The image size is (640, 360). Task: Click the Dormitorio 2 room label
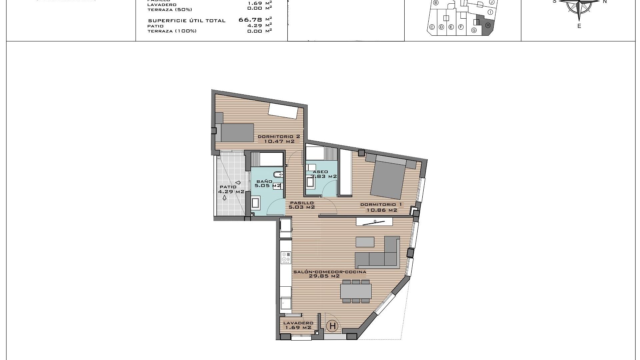pos(279,136)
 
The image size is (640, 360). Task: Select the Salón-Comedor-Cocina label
pos(329,272)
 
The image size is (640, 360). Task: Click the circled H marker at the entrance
pos(332,326)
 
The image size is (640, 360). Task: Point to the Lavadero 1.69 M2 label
pos(298,325)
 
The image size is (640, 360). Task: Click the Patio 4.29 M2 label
pos(231,189)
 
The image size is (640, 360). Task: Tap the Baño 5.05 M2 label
pos(267,183)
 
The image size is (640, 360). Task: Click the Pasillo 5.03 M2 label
pos(302,205)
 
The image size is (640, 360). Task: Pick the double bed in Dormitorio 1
pos(388,178)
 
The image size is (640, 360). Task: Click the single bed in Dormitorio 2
pos(235,132)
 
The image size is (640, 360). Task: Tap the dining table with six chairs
pos(356,291)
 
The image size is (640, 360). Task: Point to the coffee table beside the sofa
pos(365,242)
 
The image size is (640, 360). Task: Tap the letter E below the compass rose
pos(579,26)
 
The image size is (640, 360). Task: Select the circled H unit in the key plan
pos(488,25)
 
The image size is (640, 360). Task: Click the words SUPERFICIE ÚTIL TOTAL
pos(187,21)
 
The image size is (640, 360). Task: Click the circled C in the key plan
pos(432,27)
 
